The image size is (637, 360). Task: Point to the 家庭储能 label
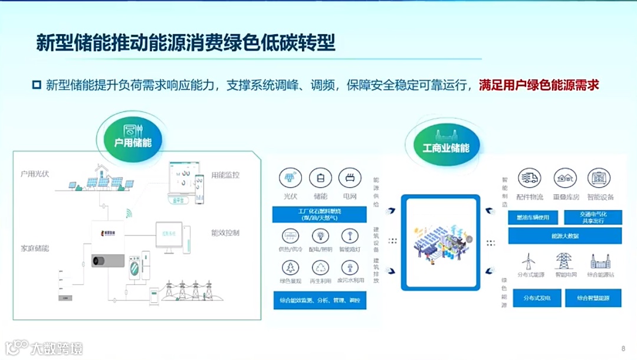(x=34, y=248)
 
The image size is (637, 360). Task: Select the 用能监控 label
(x=225, y=175)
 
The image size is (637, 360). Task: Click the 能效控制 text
(x=225, y=233)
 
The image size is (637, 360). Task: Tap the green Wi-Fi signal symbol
(x=129, y=213)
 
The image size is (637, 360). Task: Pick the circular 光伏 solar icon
(x=290, y=178)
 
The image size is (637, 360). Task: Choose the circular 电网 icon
(x=350, y=178)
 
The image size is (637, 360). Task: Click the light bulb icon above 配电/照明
(x=320, y=236)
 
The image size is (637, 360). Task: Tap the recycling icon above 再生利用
(x=320, y=267)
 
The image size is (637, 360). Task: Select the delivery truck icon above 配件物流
(x=529, y=178)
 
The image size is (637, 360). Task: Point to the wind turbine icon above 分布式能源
(x=529, y=261)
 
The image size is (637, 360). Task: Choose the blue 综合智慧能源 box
(x=594, y=299)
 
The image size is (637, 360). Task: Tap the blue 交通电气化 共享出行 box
(x=593, y=217)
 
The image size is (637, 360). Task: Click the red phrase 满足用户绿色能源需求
(x=539, y=85)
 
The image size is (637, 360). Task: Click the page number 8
(x=623, y=348)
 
